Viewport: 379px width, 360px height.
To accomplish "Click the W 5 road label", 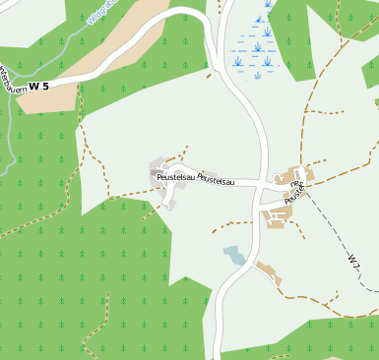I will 38,87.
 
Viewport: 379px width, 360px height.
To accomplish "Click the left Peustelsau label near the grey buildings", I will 174,177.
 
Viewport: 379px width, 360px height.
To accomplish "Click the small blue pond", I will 234,256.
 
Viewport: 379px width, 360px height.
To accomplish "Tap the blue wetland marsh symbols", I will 255,46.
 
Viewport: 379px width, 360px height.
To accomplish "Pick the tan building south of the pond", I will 268,273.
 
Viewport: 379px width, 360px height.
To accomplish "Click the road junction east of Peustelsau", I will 262,184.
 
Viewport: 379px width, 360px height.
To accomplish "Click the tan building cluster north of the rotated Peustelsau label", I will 296,174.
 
